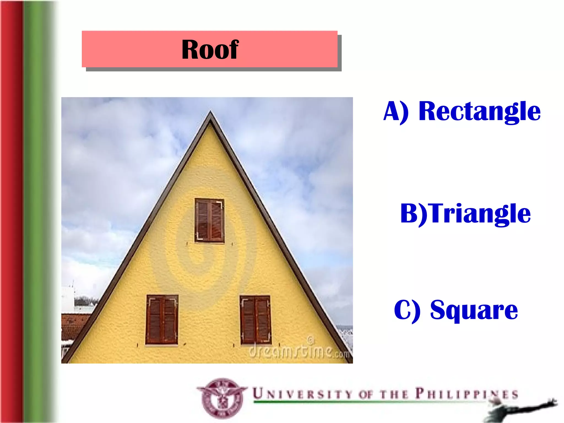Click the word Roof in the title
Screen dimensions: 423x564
tap(210, 50)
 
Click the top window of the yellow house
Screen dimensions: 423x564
tap(209, 220)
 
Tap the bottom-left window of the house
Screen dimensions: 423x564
tap(162, 320)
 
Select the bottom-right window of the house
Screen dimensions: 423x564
tap(255, 320)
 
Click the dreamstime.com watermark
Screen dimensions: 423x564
tap(299, 351)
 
